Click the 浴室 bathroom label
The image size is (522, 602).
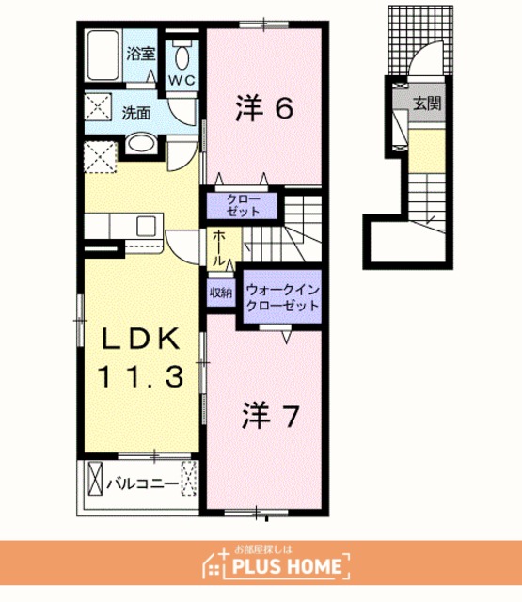coord(141,54)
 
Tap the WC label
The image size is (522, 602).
coord(182,80)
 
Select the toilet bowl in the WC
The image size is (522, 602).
coord(182,56)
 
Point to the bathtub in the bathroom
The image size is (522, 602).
coord(103,55)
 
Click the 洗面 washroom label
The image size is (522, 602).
coord(136,113)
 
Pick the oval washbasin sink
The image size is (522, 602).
coord(141,143)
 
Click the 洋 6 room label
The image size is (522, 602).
coord(264,108)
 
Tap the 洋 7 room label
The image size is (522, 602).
coord(271,417)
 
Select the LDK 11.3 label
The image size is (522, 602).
coord(140,357)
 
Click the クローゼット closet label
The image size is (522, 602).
coord(243,205)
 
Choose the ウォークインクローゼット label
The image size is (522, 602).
coord(283,297)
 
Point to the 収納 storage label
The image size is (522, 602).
coord(221,293)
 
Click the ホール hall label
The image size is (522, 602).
coord(218,247)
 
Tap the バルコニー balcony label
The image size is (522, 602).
coord(142,483)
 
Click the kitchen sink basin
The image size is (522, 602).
coord(146,226)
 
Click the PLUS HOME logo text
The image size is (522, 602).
coord(287,566)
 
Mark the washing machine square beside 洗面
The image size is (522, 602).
coord(98,106)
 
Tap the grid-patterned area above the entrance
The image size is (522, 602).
coord(420,40)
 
